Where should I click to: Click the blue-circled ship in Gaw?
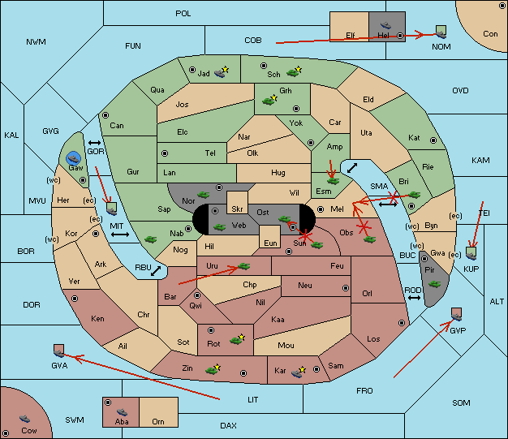coord(73,159)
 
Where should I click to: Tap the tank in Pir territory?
coord(434,285)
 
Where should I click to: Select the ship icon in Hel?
coord(385,25)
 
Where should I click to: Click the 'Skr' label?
coord(237,209)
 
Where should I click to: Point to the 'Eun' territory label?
coord(270,243)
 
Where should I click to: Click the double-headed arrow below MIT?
coord(120,235)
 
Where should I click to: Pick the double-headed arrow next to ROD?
coord(414,298)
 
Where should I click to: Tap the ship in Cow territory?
coord(24,419)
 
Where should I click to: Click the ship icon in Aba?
coord(122,411)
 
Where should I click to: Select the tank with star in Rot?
coord(238,339)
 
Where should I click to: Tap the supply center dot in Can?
coord(105,115)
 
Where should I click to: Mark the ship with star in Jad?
coord(222,72)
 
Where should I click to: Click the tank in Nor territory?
coord(203,195)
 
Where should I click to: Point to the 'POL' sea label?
coord(183,14)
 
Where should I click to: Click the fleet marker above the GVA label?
coord(58,351)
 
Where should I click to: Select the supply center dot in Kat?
coord(433,140)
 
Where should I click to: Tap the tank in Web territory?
coord(219,226)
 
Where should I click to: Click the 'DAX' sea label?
coord(228,425)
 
